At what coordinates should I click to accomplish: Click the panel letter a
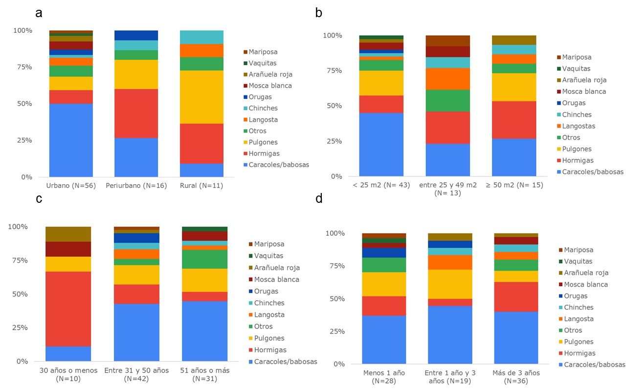tap(39, 13)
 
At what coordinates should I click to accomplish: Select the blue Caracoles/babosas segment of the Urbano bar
tap(71, 140)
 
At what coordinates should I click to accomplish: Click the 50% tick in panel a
tap(22, 103)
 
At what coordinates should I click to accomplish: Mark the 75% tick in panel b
tap(334, 71)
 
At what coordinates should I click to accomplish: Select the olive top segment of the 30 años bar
tap(68, 234)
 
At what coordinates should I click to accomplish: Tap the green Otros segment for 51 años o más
tap(204, 259)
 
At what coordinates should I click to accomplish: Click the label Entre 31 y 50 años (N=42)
tap(136, 375)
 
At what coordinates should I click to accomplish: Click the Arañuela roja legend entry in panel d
tap(586, 273)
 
